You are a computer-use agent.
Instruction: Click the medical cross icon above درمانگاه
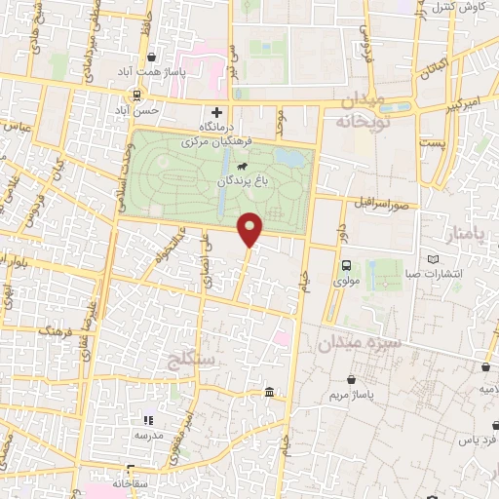point(216,112)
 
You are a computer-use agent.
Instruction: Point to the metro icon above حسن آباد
point(136,96)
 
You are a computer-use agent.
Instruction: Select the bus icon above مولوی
point(345,266)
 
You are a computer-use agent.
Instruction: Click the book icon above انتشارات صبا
point(434,260)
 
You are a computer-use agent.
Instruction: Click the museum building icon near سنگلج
point(268,392)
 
